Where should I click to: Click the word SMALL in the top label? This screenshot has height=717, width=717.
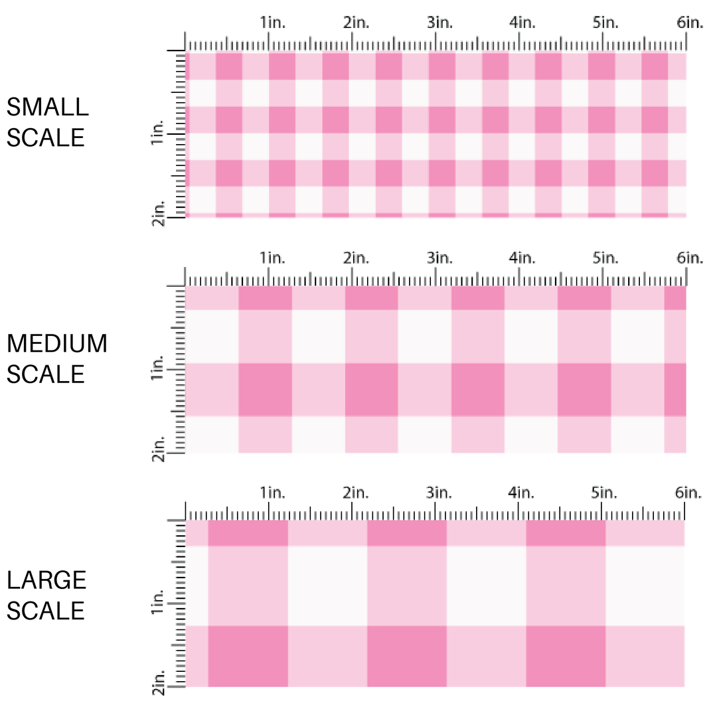[47, 106]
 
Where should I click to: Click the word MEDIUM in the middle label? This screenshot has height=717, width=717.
[56, 343]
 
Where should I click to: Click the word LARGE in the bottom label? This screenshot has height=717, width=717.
[46, 580]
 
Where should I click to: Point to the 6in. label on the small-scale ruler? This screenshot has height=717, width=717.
[690, 23]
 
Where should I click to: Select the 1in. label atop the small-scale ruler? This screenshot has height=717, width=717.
[272, 23]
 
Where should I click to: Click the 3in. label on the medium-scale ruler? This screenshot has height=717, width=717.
[439, 257]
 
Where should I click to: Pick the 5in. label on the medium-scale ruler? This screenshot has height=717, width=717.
[605, 257]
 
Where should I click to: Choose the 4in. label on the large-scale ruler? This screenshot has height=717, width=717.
[522, 493]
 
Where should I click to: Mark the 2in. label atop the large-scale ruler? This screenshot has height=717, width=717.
[356, 493]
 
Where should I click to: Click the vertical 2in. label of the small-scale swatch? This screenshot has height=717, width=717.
[158, 212]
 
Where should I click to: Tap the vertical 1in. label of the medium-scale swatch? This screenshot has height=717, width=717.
[158, 369]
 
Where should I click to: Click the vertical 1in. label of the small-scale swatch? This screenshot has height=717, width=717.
[158, 133]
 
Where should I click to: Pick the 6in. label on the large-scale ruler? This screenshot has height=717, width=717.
[688, 493]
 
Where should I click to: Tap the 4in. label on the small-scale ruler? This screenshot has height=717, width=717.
[522, 23]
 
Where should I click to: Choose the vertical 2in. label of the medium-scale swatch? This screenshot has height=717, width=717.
[158, 447]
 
